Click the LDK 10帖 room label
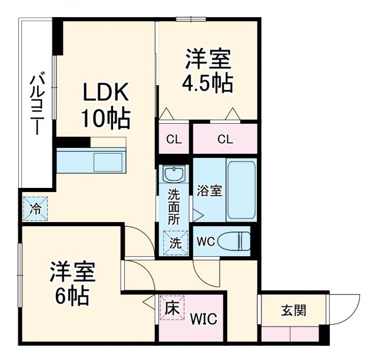pos(105,106)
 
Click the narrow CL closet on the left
pos(173,140)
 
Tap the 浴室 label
pos(210,191)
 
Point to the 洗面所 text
pos(174,207)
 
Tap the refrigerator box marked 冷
pos(35,207)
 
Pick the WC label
pos(206,241)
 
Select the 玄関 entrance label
pos(293,310)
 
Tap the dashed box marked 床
pos(171,308)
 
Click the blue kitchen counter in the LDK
pos(91,161)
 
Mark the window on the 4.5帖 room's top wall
pos(191,20)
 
